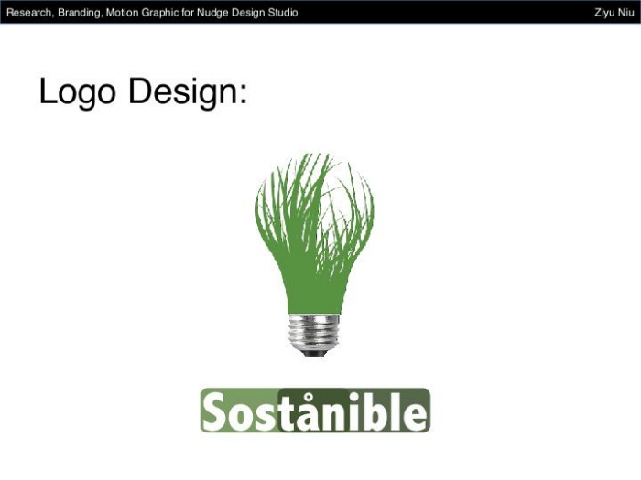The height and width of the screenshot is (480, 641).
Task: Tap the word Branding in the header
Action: [x=80, y=12]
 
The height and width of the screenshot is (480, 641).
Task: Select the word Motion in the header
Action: [x=123, y=12]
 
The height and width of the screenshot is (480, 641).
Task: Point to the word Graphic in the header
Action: [x=162, y=12]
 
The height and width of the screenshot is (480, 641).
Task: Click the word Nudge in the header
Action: [x=212, y=12]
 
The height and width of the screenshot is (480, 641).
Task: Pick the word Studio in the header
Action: [x=281, y=12]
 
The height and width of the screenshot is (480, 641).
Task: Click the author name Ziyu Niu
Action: [x=614, y=12]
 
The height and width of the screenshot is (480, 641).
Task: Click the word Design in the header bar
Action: [x=246, y=12]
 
